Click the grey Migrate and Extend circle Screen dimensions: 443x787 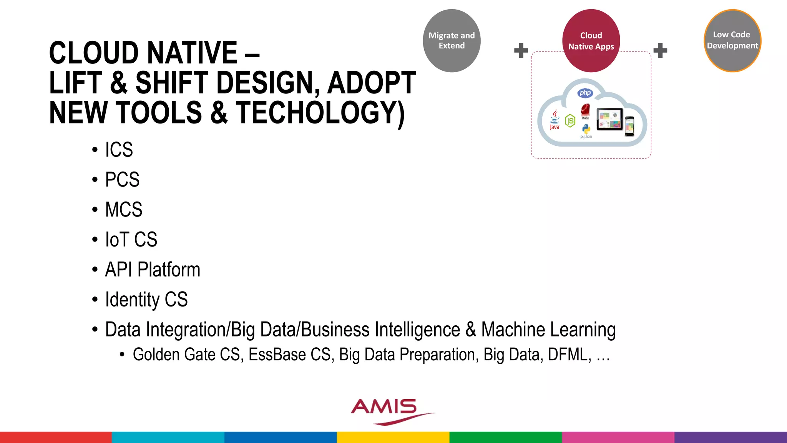(452, 41)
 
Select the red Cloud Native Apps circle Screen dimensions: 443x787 (591, 41)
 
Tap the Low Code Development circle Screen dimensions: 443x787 (732, 40)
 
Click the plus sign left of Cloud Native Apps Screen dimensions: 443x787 (521, 50)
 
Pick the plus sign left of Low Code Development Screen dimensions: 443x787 (660, 50)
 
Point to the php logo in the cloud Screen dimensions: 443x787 (585, 93)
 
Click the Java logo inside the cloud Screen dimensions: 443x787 (555, 119)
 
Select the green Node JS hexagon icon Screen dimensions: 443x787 (570, 121)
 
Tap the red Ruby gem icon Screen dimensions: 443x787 (585, 110)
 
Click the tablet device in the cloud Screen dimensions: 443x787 (609, 119)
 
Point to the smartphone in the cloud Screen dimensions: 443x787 (629, 126)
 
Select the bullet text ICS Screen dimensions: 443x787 (119, 150)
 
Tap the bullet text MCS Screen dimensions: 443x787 (123, 210)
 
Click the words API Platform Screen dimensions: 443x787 (153, 270)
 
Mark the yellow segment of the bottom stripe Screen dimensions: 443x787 (393, 437)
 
